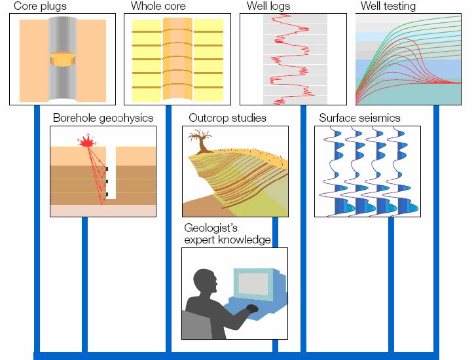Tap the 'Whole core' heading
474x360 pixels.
[x=158, y=7]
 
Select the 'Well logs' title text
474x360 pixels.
[x=268, y=7]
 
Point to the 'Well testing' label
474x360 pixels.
[x=388, y=7]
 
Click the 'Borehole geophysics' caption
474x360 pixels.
[x=103, y=118]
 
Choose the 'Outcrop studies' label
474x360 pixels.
[x=227, y=118]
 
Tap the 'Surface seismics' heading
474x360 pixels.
[x=359, y=118]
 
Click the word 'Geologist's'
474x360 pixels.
[x=211, y=228]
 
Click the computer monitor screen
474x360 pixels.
[x=252, y=283]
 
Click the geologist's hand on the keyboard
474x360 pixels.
[x=252, y=308]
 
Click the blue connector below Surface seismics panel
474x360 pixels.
[x=391, y=285]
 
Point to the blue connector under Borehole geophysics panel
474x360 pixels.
[x=84, y=285]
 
